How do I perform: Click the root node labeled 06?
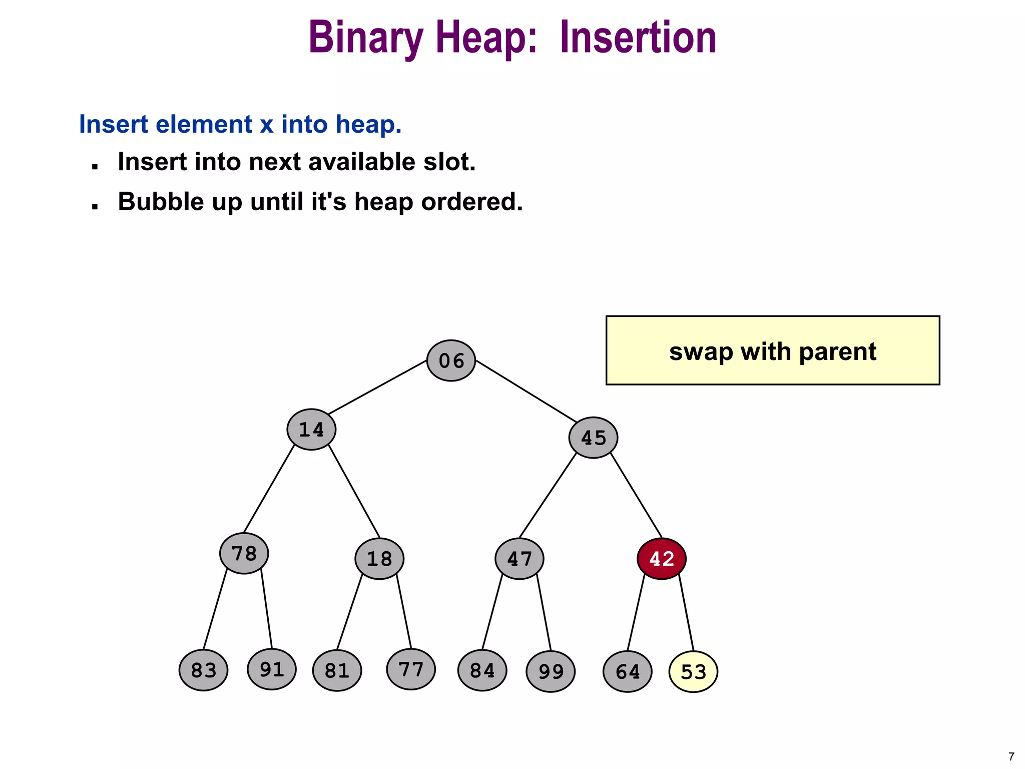coord(451,360)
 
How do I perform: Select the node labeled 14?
coord(311,430)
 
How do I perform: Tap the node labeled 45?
coord(593,438)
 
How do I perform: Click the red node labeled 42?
coord(661,559)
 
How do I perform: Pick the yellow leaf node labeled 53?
coord(693,671)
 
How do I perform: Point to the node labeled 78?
coord(244,553)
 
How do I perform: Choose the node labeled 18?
coord(379,559)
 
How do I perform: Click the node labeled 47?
coord(520,559)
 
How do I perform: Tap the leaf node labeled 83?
coord(204,670)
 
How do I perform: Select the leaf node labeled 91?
coord(272,669)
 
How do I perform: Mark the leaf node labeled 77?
coord(411,669)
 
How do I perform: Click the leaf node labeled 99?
coord(551,671)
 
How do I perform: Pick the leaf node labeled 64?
coord(627,671)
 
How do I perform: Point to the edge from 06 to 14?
coord(376,388)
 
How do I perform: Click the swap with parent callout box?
coord(772,350)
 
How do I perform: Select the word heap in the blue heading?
coord(367,124)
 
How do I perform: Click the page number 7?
coord(1011,756)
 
